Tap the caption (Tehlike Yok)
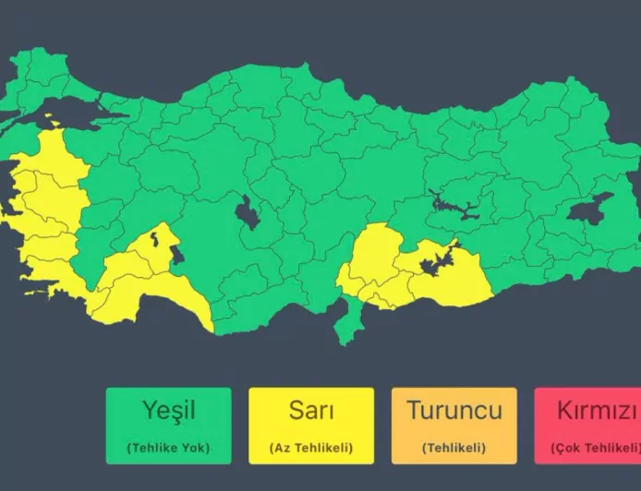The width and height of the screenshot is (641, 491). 169,449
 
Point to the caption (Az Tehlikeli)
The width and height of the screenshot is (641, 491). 311,449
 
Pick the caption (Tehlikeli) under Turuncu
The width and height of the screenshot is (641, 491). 454,449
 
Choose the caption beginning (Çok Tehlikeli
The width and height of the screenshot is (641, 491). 596,449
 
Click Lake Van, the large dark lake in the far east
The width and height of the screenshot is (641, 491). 588,210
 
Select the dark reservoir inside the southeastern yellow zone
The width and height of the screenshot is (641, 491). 435,264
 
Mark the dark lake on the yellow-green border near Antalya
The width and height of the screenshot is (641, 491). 175,254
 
